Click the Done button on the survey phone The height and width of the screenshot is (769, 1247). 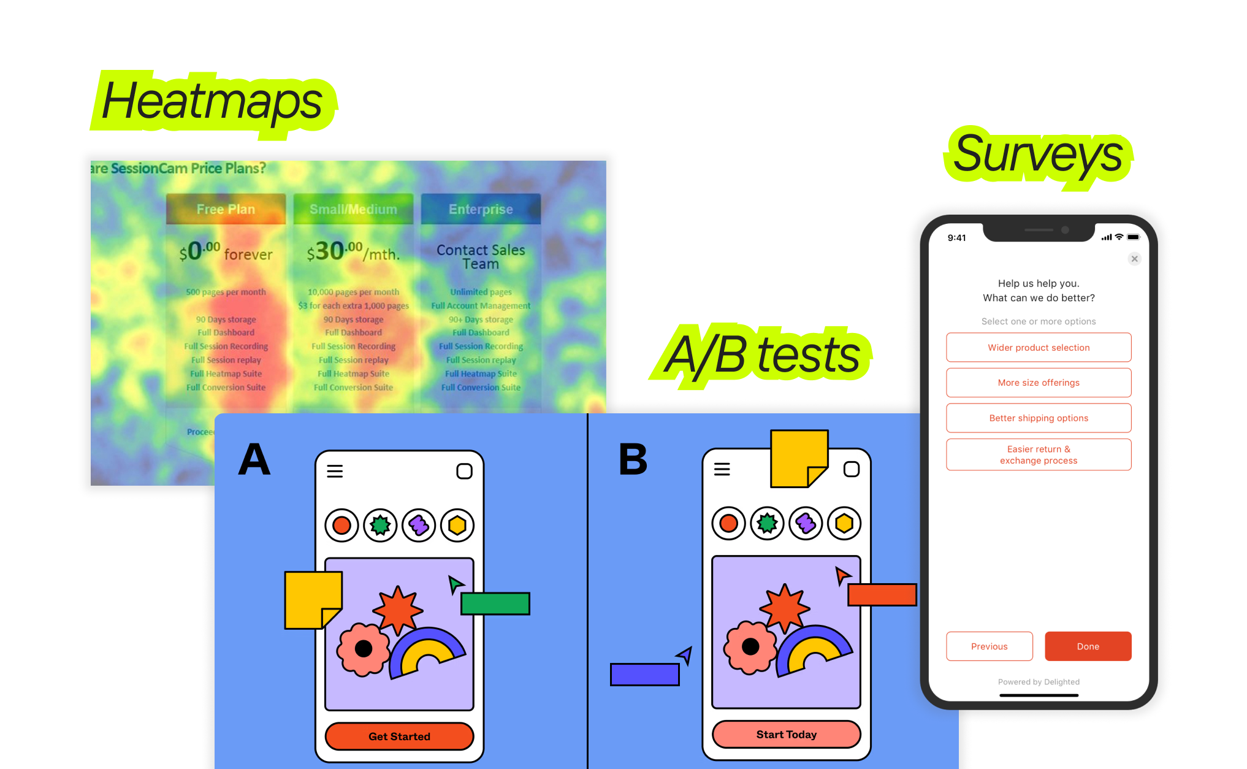(1088, 646)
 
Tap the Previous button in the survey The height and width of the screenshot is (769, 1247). (989, 646)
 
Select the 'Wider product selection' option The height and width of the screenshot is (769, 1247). (1039, 348)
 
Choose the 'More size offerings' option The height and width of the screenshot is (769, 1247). (1039, 383)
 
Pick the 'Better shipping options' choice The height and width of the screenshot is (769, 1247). (1039, 418)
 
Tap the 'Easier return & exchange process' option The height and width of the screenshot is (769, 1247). (1039, 454)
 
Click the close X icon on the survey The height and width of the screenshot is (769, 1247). (1134, 259)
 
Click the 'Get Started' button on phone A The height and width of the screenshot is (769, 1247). (399, 736)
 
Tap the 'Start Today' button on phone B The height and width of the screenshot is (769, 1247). (786, 735)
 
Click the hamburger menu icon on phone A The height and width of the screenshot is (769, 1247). (335, 471)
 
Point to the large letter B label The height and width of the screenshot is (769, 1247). (633, 459)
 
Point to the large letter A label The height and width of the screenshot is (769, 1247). (254, 459)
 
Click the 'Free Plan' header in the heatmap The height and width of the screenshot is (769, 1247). (226, 209)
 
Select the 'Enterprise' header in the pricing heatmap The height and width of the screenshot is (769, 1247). (481, 209)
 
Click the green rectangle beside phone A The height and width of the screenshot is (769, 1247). (495, 603)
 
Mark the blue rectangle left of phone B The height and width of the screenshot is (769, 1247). (644, 675)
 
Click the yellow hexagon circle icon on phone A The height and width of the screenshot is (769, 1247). (457, 526)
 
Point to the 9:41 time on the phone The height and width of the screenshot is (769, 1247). (956, 238)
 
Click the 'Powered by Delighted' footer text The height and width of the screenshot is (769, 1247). (1039, 682)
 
